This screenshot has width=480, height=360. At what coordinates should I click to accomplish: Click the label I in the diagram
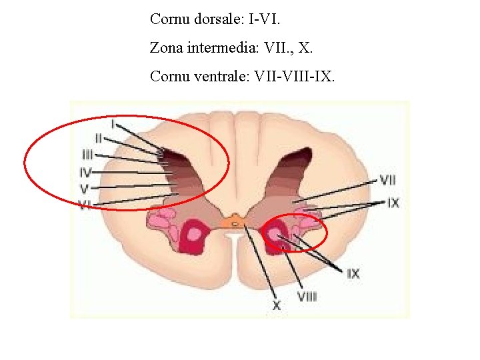113,123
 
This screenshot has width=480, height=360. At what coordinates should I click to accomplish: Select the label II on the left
98,138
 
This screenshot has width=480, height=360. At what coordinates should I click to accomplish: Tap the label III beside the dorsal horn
87,155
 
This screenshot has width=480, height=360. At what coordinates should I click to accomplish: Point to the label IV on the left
85,172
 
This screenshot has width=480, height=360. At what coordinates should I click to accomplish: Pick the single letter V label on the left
85,189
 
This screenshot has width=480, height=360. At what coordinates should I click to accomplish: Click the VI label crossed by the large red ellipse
85,205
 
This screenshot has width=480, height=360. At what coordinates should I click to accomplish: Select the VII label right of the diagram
387,179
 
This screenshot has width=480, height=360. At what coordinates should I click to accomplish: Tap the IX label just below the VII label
393,203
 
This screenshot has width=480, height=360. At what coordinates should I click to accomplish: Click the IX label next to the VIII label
353,273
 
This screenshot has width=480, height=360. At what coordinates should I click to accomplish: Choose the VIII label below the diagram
307,296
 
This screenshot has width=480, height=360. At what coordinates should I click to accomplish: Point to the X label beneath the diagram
276,305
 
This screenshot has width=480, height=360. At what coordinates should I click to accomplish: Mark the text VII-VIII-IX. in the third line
295,77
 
